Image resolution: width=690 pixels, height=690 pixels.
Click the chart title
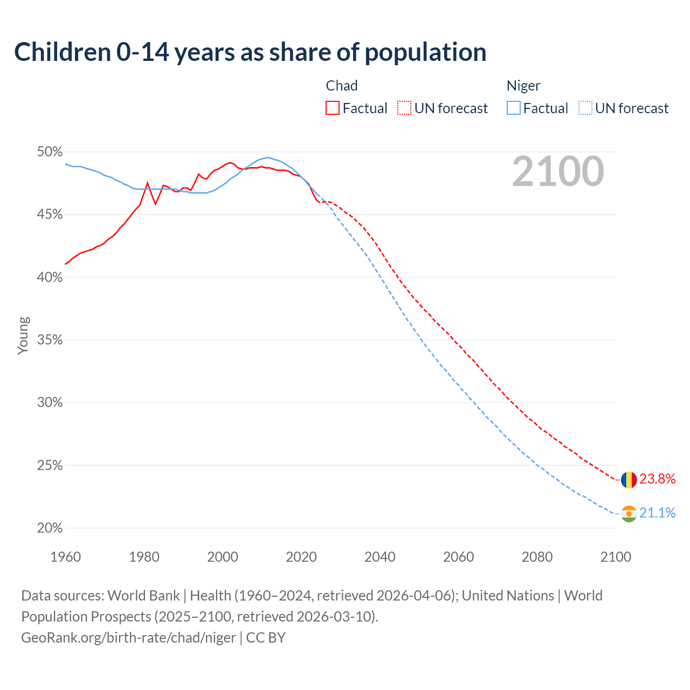(250, 52)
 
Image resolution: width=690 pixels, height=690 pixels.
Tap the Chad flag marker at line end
(629, 479)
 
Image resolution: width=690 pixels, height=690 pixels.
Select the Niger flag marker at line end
(629, 513)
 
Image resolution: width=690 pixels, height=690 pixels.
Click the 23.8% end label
(657, 479)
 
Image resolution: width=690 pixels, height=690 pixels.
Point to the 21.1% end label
(657, 513)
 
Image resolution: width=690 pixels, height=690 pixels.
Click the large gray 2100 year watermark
(557, 171)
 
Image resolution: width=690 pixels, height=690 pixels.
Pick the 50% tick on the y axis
(50, 152)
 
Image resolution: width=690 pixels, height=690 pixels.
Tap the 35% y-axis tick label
(50, 340)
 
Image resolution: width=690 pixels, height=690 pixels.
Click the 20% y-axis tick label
(50, 528)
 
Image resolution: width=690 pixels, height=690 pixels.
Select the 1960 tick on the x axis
(66, 557)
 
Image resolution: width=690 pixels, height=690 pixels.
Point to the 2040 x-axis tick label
(380, 557)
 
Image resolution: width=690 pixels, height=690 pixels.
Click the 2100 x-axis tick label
(616, 557)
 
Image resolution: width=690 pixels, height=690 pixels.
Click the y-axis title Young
(23, 335)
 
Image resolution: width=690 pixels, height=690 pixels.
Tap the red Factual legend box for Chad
(333, 108)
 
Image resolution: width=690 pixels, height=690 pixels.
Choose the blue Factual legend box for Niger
(514, 108)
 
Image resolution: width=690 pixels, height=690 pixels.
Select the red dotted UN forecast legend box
(404, 108)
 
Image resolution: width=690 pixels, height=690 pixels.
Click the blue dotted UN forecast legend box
(585, 108)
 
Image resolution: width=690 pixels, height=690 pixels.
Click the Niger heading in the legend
(523, 86)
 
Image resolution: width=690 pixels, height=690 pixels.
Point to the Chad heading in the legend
(342, 86)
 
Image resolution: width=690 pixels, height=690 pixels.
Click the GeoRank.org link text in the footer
(128, 638)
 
